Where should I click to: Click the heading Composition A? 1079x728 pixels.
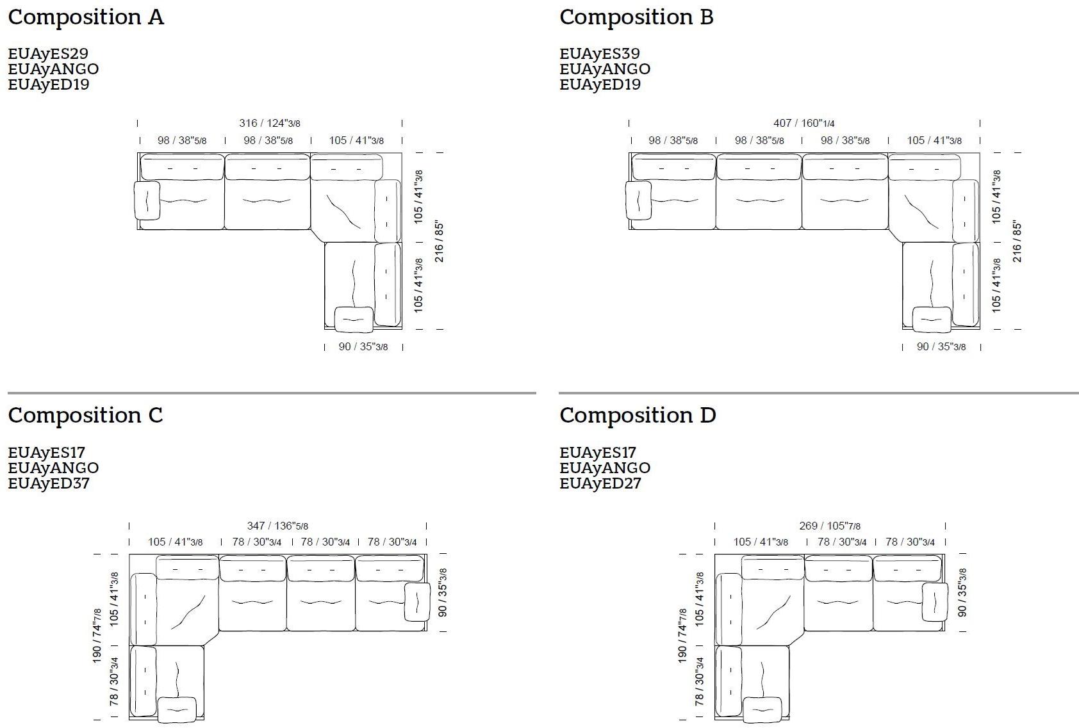[x=86, y=17]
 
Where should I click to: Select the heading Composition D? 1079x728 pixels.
[x=638, y=415]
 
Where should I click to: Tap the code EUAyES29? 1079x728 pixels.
[x=48, y=53]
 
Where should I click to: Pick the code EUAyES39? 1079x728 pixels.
[x=600, y=53]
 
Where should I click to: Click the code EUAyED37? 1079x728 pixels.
[x=49, y=483]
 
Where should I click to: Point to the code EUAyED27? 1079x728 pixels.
[x=600, y=483]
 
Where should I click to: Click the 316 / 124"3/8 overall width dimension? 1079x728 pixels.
[x=270, y=124]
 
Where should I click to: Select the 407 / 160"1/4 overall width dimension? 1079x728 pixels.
[x=804, y=124]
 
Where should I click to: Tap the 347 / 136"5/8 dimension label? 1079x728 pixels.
[x=277, y=526]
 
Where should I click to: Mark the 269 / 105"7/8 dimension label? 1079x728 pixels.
[x=830, y=526]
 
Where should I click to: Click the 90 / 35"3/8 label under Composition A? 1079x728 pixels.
[x=363, y=346]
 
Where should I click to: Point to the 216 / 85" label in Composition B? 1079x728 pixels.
[x=1017, y=241]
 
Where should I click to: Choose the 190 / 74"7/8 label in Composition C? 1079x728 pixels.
[x=97, y=636]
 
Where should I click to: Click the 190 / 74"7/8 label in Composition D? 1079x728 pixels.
[x=682, y=636]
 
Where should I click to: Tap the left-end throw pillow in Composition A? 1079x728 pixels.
[x=147, y=200]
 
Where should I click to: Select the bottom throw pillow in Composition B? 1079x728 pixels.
[x=932, y=320]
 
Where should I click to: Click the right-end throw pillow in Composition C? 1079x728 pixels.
[x=417, y=602]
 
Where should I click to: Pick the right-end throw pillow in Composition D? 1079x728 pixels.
[x=935, y=602]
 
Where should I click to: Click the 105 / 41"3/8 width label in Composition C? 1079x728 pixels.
[x=176, y=542]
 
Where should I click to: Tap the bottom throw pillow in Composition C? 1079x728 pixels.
[x=177, y=709]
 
